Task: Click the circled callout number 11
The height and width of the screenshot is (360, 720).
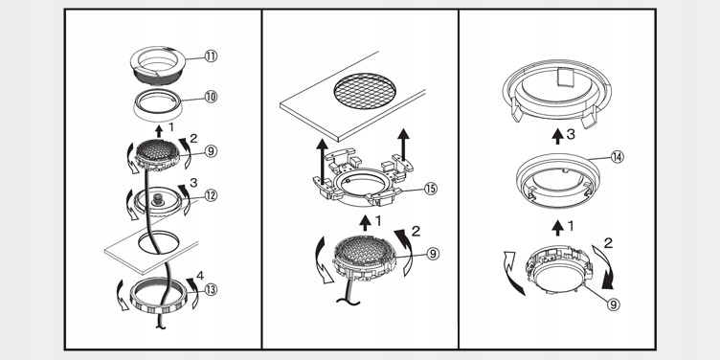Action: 211,56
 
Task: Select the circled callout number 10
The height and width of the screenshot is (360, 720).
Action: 211,97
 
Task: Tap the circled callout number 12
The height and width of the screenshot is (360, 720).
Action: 211,195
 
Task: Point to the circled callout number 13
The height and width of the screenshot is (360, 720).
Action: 211,290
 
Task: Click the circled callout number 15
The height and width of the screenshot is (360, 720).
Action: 430,189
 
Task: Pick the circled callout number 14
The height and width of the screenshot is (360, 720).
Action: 618,157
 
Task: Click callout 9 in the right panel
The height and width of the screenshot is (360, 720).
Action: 614,304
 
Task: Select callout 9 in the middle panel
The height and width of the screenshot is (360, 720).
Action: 433,254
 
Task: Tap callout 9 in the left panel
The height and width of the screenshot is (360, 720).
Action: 211,151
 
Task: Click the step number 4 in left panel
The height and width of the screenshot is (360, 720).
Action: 200,276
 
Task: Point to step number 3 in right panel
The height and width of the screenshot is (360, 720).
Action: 571,135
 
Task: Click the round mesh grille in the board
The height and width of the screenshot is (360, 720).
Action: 365,91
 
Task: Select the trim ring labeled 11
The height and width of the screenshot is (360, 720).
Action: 157,65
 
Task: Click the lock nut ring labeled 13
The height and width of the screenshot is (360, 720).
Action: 159,297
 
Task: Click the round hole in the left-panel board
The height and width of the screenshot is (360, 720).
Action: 158,242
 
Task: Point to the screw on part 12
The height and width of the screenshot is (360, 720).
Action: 158,200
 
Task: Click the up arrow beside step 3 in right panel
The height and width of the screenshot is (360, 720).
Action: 557,136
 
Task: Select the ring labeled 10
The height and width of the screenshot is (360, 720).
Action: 158,104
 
